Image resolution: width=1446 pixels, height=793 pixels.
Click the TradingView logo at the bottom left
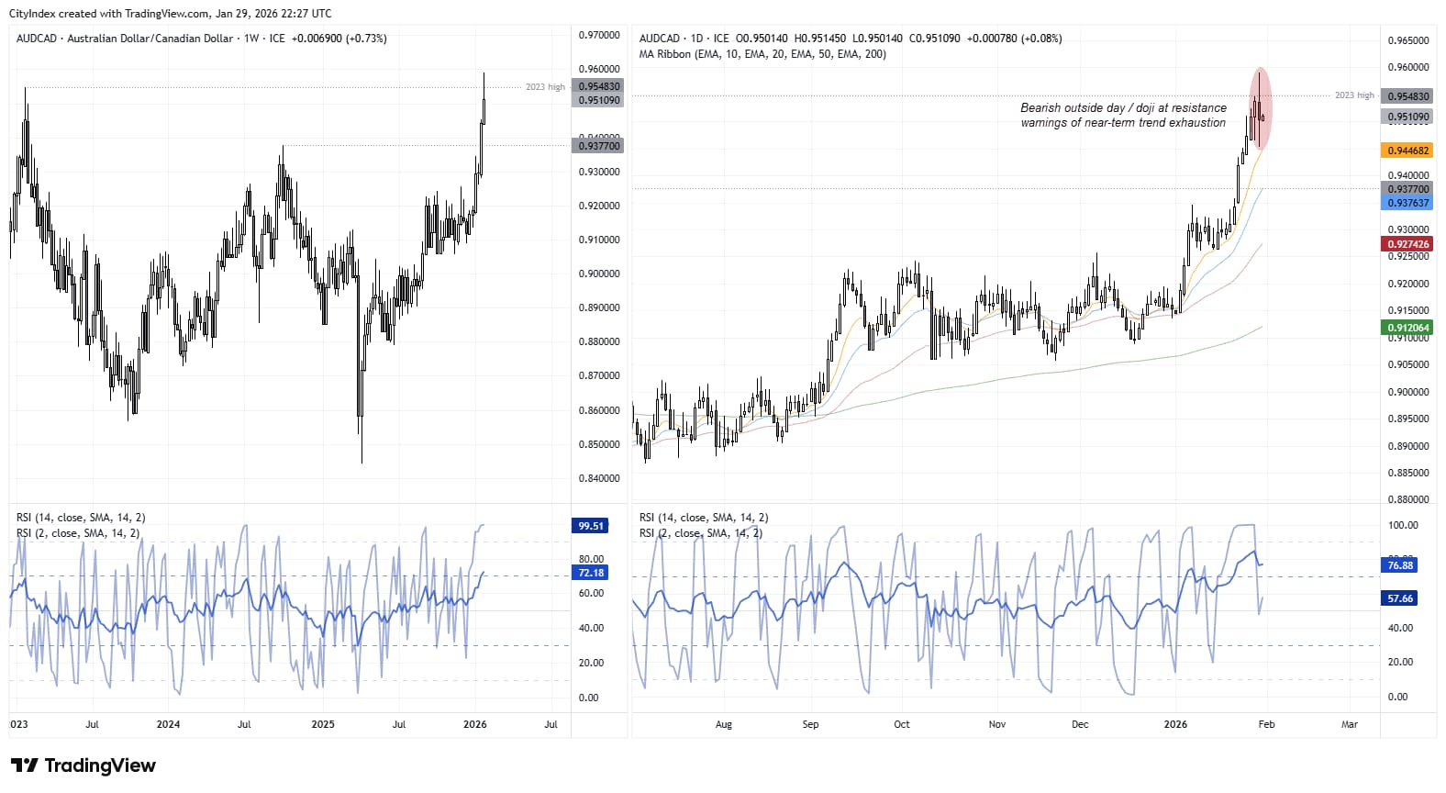click(83, 765)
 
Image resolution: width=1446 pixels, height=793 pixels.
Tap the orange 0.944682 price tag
click(1407, 151)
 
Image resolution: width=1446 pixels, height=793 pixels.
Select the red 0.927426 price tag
click(1407, 244)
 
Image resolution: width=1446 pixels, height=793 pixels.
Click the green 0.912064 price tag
click(1407, 328)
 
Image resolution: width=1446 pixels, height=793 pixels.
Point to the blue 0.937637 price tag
click(1407, 203)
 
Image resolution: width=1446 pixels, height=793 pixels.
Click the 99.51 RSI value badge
click(591, 526)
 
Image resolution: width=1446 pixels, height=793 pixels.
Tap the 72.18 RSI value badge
click(591, 573)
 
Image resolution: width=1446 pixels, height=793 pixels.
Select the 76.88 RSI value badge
click(1400, 565)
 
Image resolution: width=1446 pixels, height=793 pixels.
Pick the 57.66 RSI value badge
click(1400, 598)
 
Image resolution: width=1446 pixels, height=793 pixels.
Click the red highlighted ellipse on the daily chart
click(1261, 108)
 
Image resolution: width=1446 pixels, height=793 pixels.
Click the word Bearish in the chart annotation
click(1040, 108)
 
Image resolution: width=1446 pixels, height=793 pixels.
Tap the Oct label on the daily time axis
click(902, 724)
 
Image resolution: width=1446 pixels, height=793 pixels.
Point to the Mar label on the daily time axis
click(1349, 724)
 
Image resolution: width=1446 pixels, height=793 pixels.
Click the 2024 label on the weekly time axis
click(168, 724)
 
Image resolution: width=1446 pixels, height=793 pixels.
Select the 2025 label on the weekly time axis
click(323, 724)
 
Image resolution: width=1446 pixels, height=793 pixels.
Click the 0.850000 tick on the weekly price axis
click(598, 444)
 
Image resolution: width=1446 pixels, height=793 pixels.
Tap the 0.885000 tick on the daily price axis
click(1407, 473)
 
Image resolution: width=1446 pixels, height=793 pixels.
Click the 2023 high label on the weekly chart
click(545, 87)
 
